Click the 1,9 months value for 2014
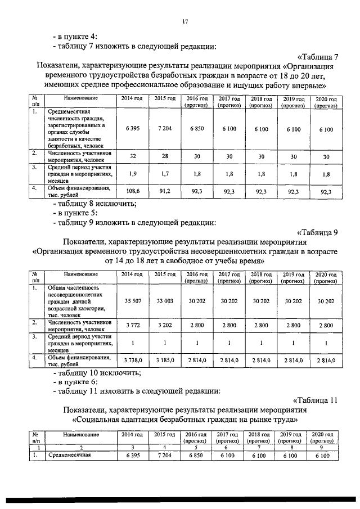point(133,174)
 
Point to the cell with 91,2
point(165,191)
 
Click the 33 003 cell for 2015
point(165,301)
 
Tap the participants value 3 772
point(133,325)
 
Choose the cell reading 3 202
point(165,325)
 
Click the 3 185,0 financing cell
point(165,360)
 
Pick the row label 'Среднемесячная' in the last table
point(69,456)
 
